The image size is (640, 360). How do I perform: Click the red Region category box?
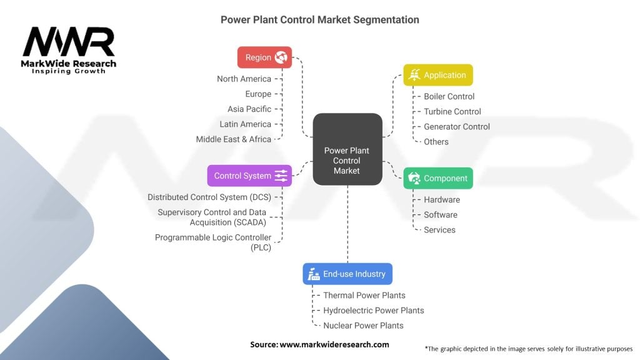pyautogui.click(x=264, y=57)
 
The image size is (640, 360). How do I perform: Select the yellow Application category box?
pyautogui.click(x=437, y=75)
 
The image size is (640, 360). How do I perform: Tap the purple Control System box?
pyautogui.click(x=249, y=176)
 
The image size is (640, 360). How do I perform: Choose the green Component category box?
pyautogui.click(x=437, y=178)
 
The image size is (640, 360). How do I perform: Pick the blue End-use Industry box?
pyautogui.click(x=347, y=274)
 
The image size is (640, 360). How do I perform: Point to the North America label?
pyautogui.click(x=244, y=79)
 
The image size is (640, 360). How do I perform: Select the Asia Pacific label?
pyautogui.click(x=249, y=109)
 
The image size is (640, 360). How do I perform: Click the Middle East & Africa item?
pyautogui.click(x=234, y=139)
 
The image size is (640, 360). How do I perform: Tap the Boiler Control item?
pyautogui.click(x=449, y=96)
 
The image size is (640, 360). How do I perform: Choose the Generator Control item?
pyautogui.click(x=456, y=126)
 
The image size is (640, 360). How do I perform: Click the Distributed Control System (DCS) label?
pyautogui.click(x=209, y=197)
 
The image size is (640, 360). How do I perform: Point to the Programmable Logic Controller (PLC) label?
pyautogui.click(x=213, y=242)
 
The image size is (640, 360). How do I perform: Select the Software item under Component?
pyautogui.click(x=440, y=214)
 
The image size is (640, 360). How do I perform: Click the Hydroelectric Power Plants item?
pyautogui.click(x=373, y=310)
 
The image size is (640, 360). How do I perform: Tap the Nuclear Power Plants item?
pyautogui.click(x=362, y=325)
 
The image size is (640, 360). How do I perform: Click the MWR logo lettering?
pyautogui.click(x=69, y=42)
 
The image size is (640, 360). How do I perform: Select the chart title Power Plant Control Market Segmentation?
pyautogui.click(x=320, y=19)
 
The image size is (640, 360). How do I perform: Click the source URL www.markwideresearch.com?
pyautogui.click(x=334, y=344)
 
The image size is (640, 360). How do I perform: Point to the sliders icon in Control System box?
pyautogui.click(x=281, y=176)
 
